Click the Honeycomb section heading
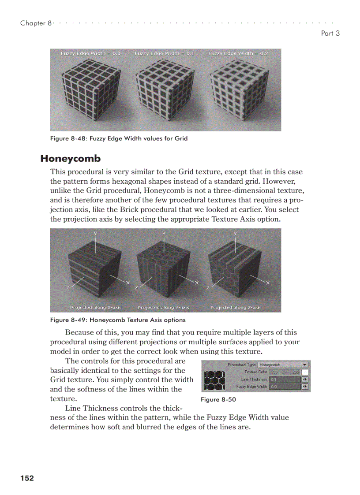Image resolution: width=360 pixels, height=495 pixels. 71,158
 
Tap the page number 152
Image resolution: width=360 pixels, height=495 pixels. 27,478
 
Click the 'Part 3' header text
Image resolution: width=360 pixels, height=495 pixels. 330,33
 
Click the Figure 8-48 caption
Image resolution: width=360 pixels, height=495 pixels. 119,138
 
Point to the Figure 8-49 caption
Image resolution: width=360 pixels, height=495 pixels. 118,320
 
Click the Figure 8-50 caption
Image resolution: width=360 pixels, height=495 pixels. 216,399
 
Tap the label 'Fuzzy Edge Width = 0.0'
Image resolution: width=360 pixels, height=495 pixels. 90,53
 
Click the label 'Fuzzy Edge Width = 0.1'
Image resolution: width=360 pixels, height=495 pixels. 165,53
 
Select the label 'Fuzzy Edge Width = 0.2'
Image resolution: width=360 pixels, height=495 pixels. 238,53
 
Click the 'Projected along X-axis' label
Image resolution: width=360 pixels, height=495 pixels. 96,307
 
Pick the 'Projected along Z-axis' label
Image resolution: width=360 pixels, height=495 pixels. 236,307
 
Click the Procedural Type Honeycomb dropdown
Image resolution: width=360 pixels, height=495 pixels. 283,365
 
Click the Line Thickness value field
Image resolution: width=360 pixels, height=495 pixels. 285,379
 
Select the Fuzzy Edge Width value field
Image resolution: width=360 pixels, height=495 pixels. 285,387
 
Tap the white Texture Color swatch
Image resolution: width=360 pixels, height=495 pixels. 305,372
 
